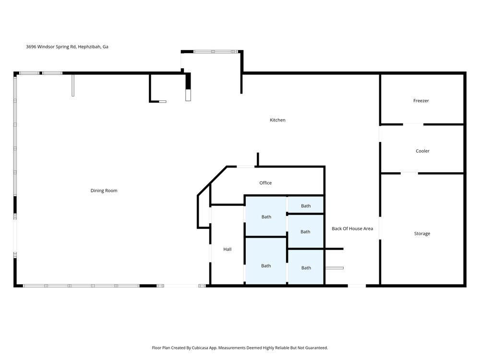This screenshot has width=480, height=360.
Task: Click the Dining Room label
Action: click(104, 191)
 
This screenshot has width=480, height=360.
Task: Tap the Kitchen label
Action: click(277, 120)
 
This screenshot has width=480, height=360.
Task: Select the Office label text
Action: click(265, 183)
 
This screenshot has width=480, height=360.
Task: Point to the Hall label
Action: click(228, 249)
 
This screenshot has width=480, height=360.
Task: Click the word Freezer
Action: click(421, 101)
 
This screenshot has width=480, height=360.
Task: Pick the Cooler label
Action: click(422, 151)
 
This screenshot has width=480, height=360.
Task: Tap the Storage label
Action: click(422, 234)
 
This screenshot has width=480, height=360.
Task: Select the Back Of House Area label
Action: click(352, 228)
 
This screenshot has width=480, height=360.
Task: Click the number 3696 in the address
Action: click(31, 47)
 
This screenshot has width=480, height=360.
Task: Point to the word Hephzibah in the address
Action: click(89, 47)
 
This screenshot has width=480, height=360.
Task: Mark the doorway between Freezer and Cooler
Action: click(413, 125)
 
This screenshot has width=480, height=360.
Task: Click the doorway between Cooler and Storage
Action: click(409, 174)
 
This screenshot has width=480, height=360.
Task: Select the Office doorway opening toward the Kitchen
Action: click(246, 167)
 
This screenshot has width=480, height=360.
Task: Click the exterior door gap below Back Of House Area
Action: click(357, 286)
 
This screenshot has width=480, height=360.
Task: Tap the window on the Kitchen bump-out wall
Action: click(216, 52)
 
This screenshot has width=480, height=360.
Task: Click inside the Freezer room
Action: click(422, 110)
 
